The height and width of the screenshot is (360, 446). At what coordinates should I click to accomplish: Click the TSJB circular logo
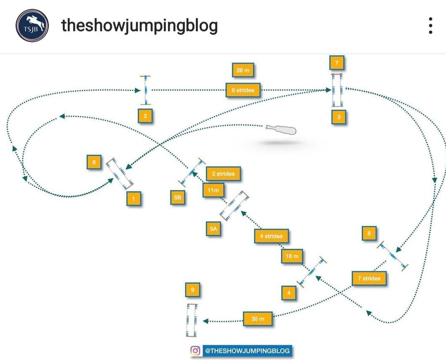click(32, 26)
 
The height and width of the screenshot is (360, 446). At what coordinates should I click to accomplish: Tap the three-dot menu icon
click(430, 26)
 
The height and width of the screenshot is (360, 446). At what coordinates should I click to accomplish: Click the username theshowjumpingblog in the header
click(139, 26)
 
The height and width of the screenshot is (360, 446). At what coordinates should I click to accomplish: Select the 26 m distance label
click(244, 70)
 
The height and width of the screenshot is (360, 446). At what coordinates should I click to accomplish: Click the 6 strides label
click(243, 90)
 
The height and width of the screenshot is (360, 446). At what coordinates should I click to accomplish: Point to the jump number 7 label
click(337, 64)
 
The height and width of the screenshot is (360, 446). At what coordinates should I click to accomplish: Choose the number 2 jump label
click(145, 116)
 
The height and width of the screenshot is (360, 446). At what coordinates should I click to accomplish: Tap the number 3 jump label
click(339, 117)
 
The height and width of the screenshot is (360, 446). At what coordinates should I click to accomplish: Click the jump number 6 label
click(94, 162)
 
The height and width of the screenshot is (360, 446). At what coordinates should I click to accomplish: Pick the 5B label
click(178, 198)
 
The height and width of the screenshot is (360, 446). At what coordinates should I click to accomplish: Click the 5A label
click(213, 229)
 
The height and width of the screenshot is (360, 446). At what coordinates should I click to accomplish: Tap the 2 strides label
click(223, 174)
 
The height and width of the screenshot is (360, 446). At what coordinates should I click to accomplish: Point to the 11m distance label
click(214, 190)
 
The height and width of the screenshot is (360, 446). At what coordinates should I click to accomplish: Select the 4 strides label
click(271, 236)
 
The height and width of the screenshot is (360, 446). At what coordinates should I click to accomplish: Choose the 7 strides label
click(369, 278)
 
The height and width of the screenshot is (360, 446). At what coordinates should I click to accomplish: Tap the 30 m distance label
click(258, 319)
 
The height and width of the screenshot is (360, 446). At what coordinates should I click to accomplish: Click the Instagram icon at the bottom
click(195, 350)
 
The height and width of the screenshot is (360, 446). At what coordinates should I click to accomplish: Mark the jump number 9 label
click(192, 290)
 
